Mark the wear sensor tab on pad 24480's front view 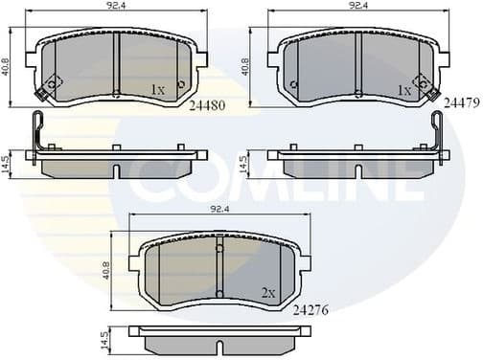pos(42,93)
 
